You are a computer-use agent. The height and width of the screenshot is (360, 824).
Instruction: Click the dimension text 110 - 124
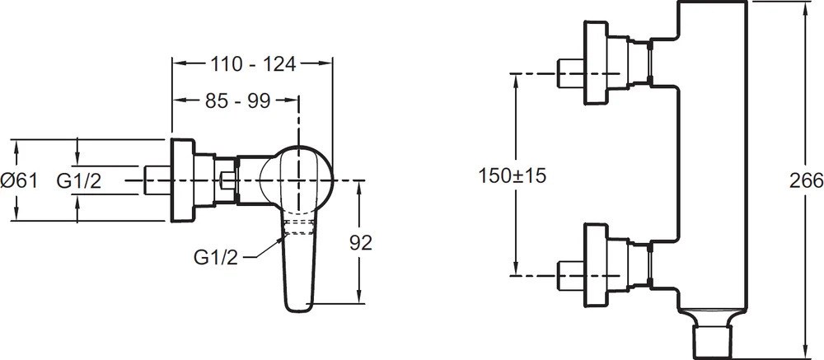[x=253, y=64]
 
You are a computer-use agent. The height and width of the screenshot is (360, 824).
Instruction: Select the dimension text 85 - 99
[x=237, y=101]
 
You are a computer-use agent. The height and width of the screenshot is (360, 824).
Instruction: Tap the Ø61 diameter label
[x=19, y=181]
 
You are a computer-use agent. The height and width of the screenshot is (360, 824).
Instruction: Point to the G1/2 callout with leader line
[x=216, y=258]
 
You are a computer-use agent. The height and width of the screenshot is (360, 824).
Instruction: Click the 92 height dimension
[x=361, y=242]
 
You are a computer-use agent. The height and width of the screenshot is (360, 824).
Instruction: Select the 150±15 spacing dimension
[x=513, y=175]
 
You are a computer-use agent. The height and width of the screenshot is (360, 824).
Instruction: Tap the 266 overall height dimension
[x=806, y=180]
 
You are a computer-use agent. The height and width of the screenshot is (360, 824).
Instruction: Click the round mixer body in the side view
[x=297, y=180]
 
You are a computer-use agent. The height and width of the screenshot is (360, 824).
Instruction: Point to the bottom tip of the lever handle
[x=297, y=311]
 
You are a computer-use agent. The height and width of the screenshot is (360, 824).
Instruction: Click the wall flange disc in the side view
[x=183, y=180]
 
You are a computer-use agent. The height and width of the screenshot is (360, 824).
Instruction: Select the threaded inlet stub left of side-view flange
[x=157, y=180]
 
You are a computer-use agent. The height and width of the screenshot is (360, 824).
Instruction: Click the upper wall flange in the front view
[x=596, y=63]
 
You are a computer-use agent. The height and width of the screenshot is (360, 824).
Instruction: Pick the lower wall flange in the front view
[x=596, y=264]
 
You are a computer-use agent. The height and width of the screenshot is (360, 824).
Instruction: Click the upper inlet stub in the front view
[x=571, y=73]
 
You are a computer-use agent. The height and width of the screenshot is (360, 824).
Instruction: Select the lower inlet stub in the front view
[x=571, y=275]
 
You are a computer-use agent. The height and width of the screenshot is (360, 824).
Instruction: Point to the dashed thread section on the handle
[x=298, y=227]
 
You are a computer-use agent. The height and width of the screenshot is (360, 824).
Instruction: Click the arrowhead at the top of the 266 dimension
[x=806, y=7]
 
